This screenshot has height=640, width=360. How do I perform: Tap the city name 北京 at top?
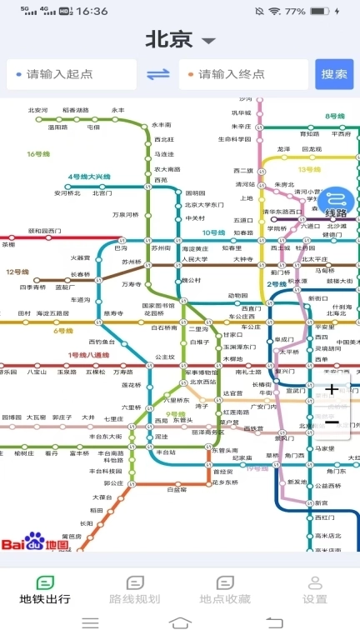(x=169, y=39)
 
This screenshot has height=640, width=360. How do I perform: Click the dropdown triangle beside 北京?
(x=208, y=41)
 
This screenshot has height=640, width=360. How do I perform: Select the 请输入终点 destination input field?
(x=242, y=74)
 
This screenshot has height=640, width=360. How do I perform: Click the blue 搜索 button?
(x=334, y=74)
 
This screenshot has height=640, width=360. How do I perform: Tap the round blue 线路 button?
(x=336, y=202)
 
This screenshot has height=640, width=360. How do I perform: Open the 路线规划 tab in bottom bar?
(x=134, y=590)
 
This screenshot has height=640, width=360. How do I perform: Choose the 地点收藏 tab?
(x=224, y=590)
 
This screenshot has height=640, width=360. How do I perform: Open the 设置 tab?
(x=314, y=590)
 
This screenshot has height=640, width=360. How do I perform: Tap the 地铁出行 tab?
(x=45, y=590)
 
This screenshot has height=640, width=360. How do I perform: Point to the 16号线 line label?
(x=38, y=153)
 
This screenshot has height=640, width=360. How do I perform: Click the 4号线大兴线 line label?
(x=89, y=177)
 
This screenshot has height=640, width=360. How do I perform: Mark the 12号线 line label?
(x=17, y=272)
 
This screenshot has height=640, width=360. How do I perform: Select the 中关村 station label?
(x=195, y=218)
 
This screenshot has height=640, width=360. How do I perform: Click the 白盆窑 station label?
(x=177, y=490)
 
